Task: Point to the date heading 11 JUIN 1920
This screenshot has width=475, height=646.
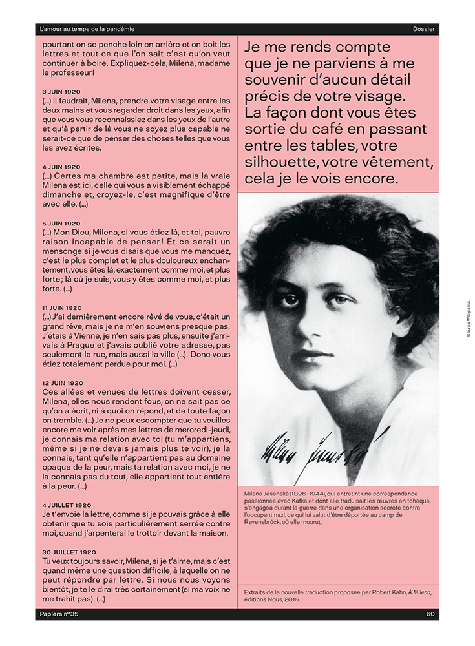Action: point(63,308)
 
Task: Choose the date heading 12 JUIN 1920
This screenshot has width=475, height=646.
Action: point(63,383)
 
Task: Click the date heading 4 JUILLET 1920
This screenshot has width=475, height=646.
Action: point(67,505)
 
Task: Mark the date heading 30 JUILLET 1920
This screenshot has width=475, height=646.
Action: point(69,552)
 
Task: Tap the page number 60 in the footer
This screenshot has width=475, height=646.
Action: point(430,614)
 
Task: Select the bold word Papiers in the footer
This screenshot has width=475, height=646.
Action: point(50,614)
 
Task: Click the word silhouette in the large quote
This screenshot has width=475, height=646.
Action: point(279,161)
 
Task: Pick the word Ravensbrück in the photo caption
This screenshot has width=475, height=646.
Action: point(266,521)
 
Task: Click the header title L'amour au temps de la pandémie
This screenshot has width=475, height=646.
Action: point(87,29)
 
